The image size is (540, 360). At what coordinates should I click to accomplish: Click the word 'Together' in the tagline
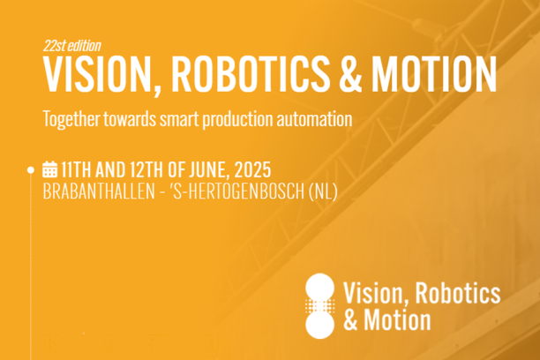click(x=72, y=117)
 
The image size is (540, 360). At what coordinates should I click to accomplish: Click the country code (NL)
click(x=323, y=190)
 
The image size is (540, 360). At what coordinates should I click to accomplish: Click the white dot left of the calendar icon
click(x=31, y=169)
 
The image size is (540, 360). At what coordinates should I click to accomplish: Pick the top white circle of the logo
click(x=319, y=288)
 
